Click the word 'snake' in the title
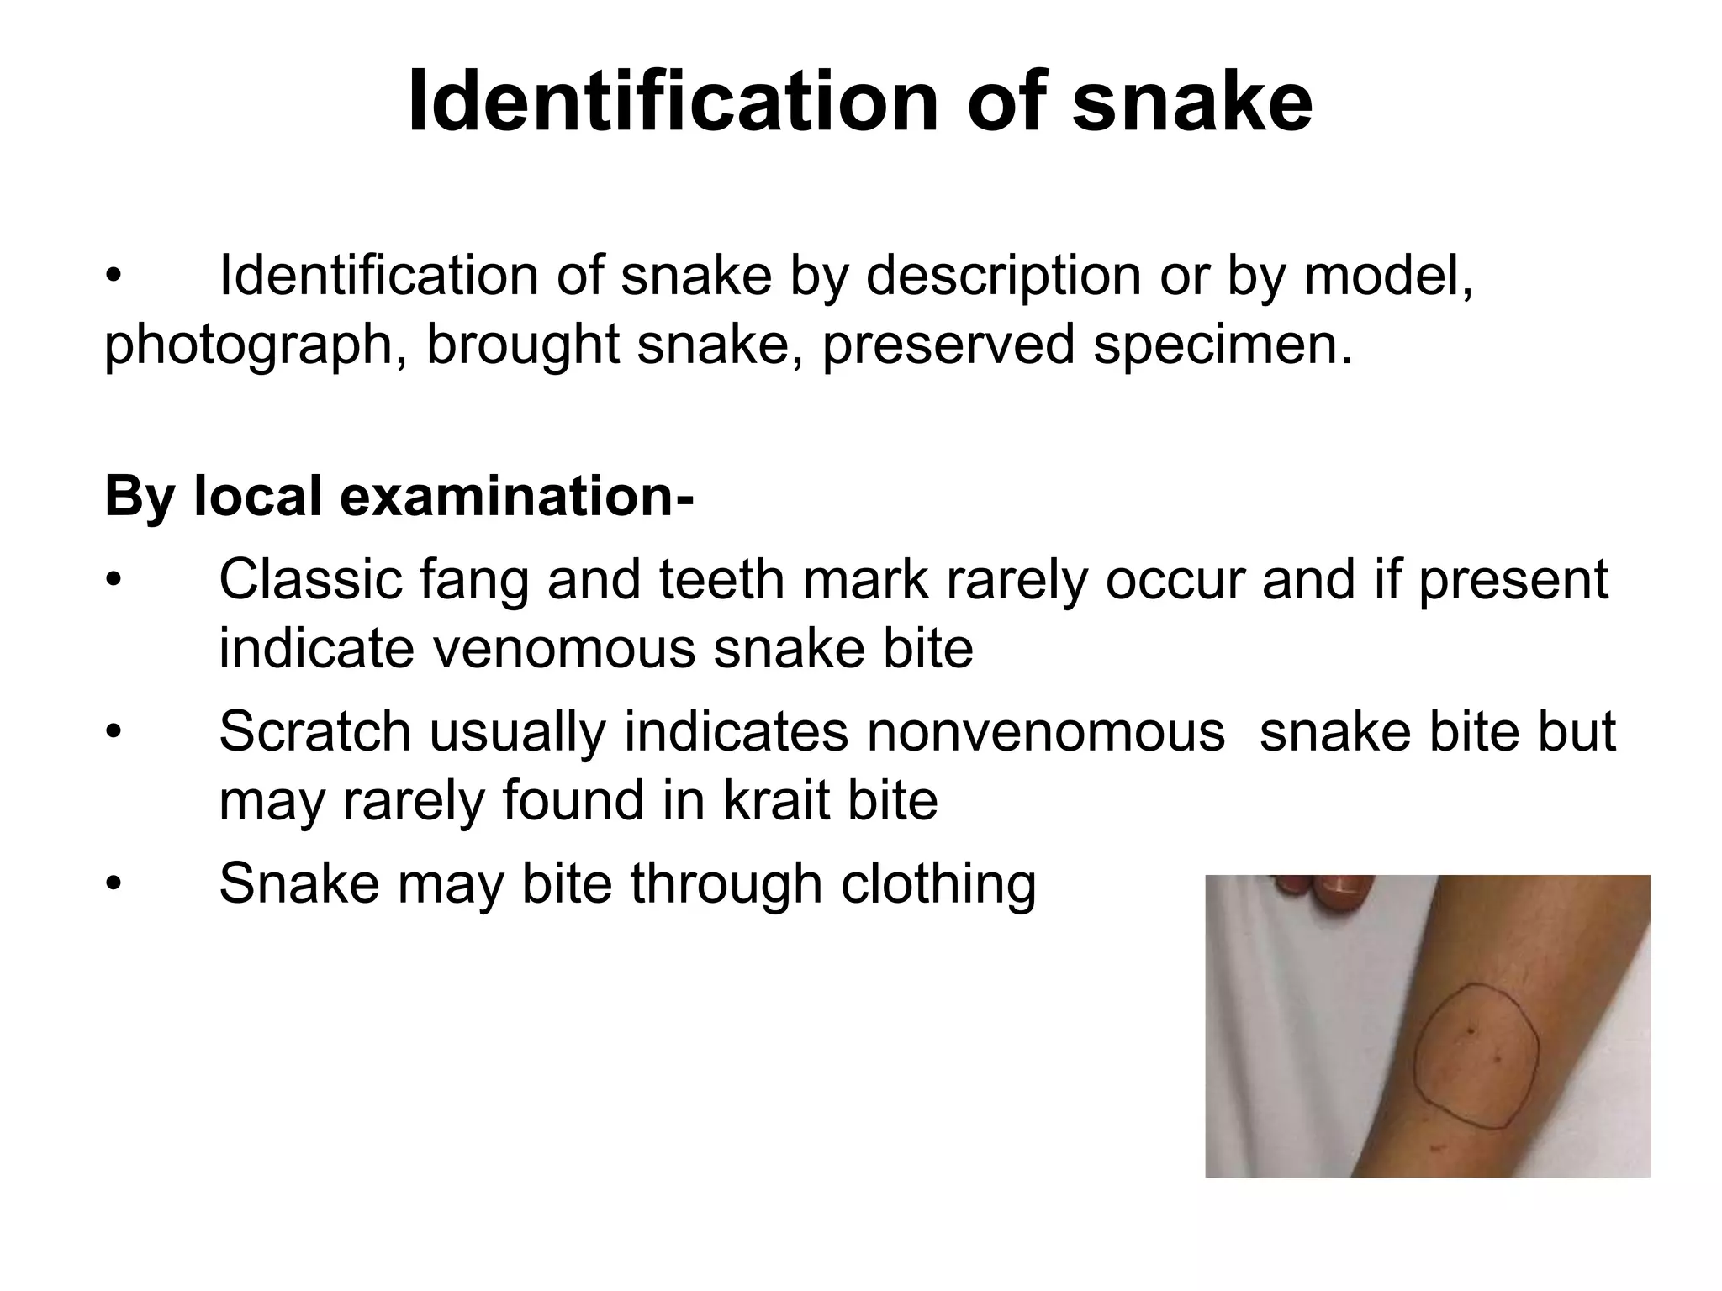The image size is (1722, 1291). pyautogui.click(x=1192, y=103)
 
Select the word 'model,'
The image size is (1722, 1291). pyautogui.click(x=1388, y=276)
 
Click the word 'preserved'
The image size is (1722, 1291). pyautogui.click(x=948, y=345)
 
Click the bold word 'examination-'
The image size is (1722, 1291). pyautogui.click(x=516, y=497)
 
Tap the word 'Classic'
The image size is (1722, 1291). pyautogui.click(x=310, y=579)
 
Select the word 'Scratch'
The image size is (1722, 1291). pyautogui.click(x=314, y=731)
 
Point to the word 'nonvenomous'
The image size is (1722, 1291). pyautogui.click(x=1045, y=731)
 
